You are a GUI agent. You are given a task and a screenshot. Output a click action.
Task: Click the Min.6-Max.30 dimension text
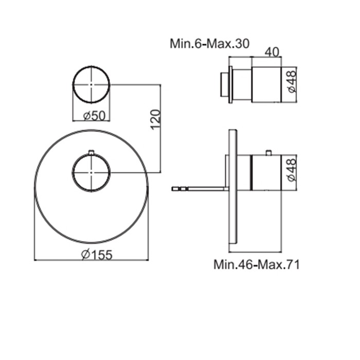pyautogui.click(x=209, y=44)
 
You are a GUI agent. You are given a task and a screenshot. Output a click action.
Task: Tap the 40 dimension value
pyautogui.click(x=272, y=52)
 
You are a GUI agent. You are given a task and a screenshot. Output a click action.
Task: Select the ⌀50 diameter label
pyautogui.click(x=94, y=116)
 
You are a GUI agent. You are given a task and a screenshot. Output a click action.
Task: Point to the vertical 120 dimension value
pyautogui.click(x=155, y=120)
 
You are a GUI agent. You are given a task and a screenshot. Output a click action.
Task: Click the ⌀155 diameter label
pyautogui.click(x=97, y=255)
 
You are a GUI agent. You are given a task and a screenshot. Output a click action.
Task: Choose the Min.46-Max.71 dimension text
pyautogui.click(x=257, y=264)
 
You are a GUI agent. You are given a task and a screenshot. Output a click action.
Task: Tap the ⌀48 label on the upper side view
pyautogui.click(x=292, y=81)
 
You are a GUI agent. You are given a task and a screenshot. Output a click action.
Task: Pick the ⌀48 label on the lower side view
pyautogui.click(x=292, y=170)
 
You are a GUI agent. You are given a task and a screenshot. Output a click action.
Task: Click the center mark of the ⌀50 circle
pyautogui.click(x=92, y=84)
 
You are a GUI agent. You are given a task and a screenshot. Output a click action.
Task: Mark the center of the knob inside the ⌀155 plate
pyautogui.click(x=92, y=172)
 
